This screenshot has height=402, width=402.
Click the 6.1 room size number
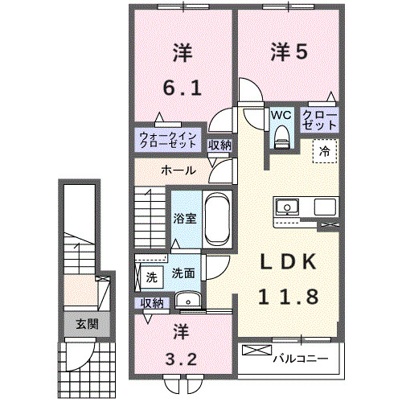click(x=183, y=85)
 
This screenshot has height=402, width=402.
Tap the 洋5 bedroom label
click(x=289, y=52)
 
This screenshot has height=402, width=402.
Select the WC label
click(x=281, y=115)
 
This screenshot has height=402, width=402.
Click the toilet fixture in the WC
click(x=281, y=137)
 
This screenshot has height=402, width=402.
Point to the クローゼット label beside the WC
click(x=320, y=121)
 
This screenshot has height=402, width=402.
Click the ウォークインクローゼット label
click(x=168, y=140)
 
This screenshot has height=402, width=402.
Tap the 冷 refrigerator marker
click(x=325, y=150)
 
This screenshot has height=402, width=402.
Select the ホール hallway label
click(x=177, y=170)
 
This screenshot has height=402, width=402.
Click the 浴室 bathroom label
click(x=185, y=218)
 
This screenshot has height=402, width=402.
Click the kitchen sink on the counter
click(x=287, y=207)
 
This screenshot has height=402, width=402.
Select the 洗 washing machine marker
click(x=150, y=277)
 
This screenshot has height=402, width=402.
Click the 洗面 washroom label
click(x=183, y=273)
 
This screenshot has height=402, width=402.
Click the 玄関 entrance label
click(x=87, y=325)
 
